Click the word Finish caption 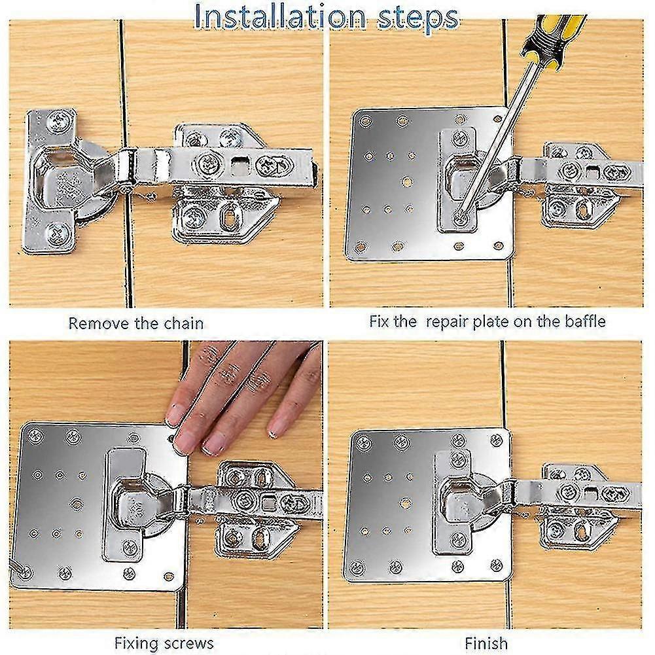click(x=486, y=643)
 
